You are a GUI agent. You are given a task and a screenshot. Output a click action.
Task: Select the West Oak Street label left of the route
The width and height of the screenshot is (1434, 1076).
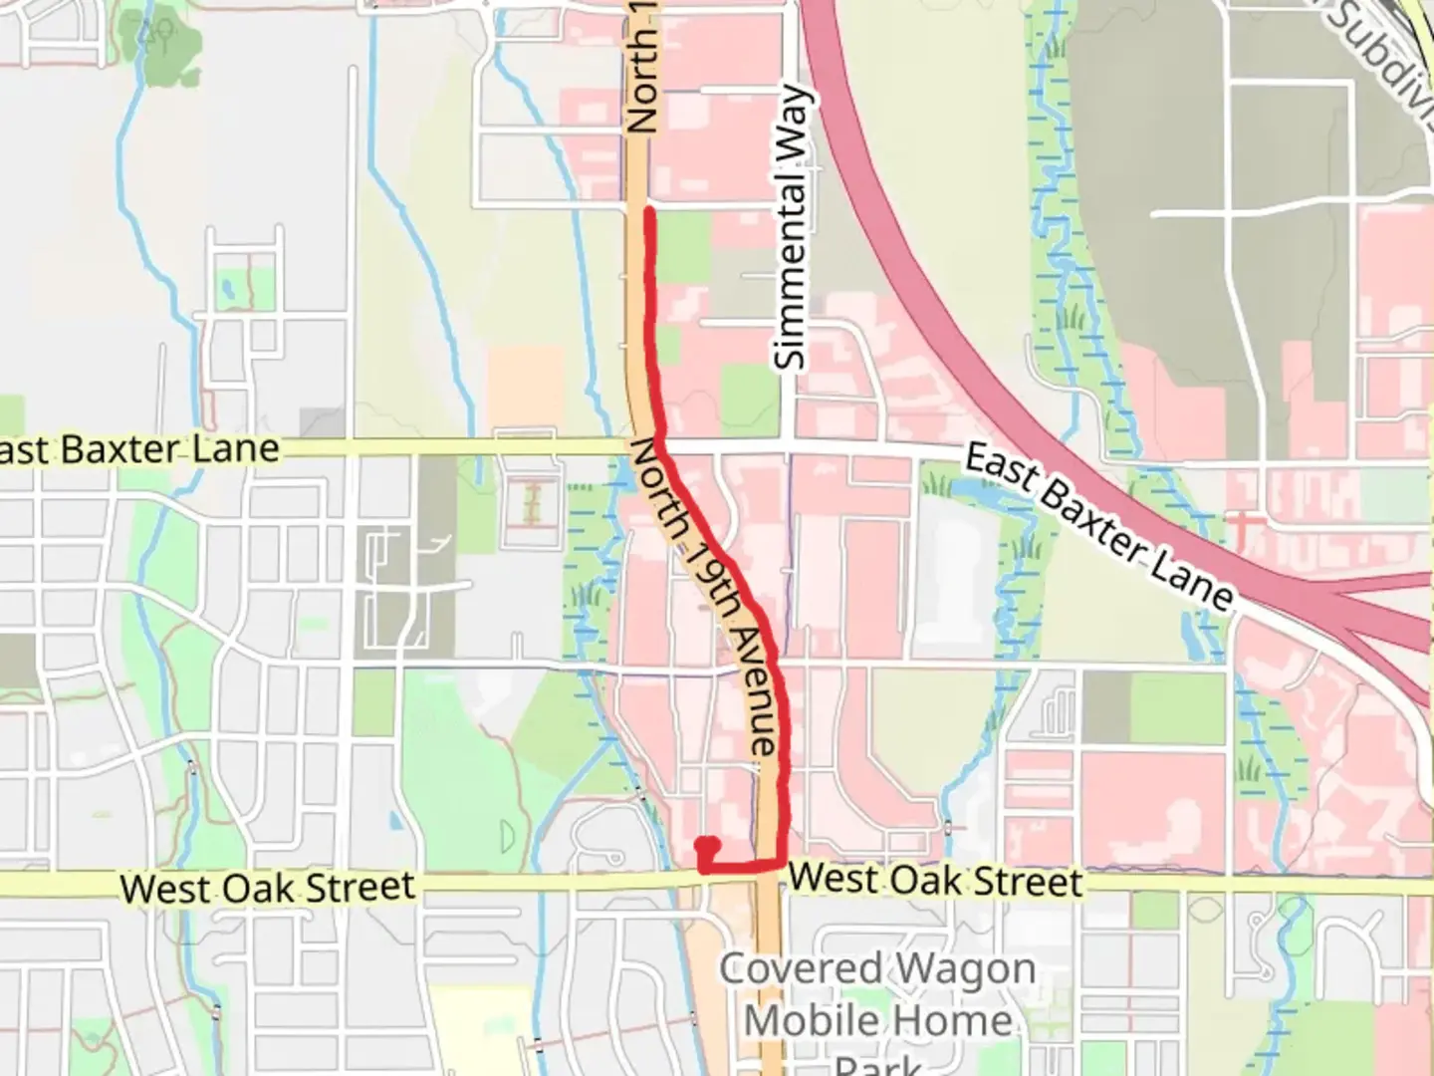[267, 888]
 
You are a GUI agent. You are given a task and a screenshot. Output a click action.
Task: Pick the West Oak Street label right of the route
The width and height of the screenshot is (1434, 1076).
[935, 881]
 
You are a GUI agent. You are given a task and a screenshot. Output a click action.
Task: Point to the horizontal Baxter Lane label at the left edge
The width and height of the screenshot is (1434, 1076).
[139, 449]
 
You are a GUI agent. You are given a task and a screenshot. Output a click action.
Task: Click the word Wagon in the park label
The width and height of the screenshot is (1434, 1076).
[964, 969]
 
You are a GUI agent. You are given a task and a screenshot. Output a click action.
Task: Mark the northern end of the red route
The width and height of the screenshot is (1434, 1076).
[648, 210]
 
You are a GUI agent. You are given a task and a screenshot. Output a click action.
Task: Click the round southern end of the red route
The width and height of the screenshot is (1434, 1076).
[707, 847]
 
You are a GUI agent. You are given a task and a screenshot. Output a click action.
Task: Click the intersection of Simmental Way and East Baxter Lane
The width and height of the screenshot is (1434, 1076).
[790, 445]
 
